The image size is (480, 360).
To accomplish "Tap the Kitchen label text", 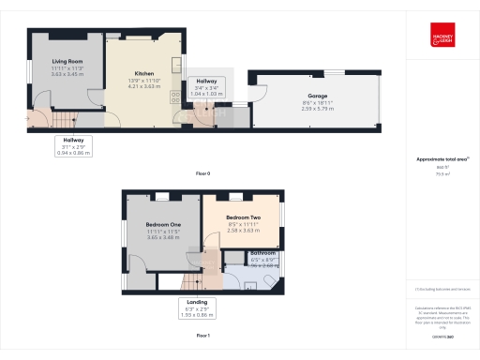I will [144, 72].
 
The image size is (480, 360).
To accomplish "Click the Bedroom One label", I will [162, 225].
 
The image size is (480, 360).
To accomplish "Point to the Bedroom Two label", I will [243, 217].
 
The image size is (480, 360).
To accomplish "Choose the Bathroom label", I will [262, 253].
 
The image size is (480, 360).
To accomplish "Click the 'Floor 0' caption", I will [202, 174].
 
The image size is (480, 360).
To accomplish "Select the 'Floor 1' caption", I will [202, 335].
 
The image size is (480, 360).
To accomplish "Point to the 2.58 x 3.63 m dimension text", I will [243, 231].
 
